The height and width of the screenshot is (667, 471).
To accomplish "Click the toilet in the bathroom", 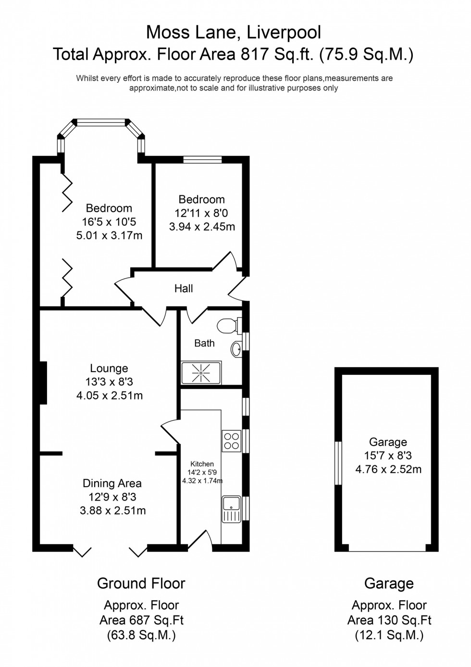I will click(x=228, y=326).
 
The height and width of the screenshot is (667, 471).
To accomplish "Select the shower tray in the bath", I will click(x=201, y=372).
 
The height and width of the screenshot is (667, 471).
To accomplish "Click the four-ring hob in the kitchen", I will click(x=231, y=441).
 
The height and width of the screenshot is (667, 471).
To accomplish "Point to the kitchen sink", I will click(x=231, y=509).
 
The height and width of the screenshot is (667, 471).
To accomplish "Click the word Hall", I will click(x=184, y=289).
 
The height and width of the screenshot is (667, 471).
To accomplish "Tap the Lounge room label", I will click(x=109, y=369).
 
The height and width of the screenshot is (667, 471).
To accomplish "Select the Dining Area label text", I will click(x=112, y=484).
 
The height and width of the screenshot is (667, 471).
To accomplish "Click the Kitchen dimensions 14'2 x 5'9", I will click(x=202, y=473).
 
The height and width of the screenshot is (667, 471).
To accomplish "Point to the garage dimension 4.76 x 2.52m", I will click(x=388, y=469).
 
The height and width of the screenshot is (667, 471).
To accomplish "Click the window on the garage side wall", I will click(x=338, y=463).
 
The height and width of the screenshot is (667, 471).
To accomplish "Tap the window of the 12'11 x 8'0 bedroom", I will click(x=202, y=160).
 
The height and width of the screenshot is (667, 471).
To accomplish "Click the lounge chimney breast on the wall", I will click(x=43, y=383).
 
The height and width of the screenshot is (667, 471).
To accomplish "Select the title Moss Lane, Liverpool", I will click(x=234, y=33).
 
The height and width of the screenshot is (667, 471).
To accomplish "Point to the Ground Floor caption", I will click(x=141, y=584).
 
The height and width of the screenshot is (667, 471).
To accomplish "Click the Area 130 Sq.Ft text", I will click(x=389, y=620).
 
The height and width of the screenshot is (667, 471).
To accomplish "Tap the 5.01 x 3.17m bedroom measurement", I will click(x=109, y=236).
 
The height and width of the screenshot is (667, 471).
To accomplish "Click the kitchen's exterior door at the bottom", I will click(x=200, y=541).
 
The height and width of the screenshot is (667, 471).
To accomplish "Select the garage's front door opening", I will click(x=387, y=550).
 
